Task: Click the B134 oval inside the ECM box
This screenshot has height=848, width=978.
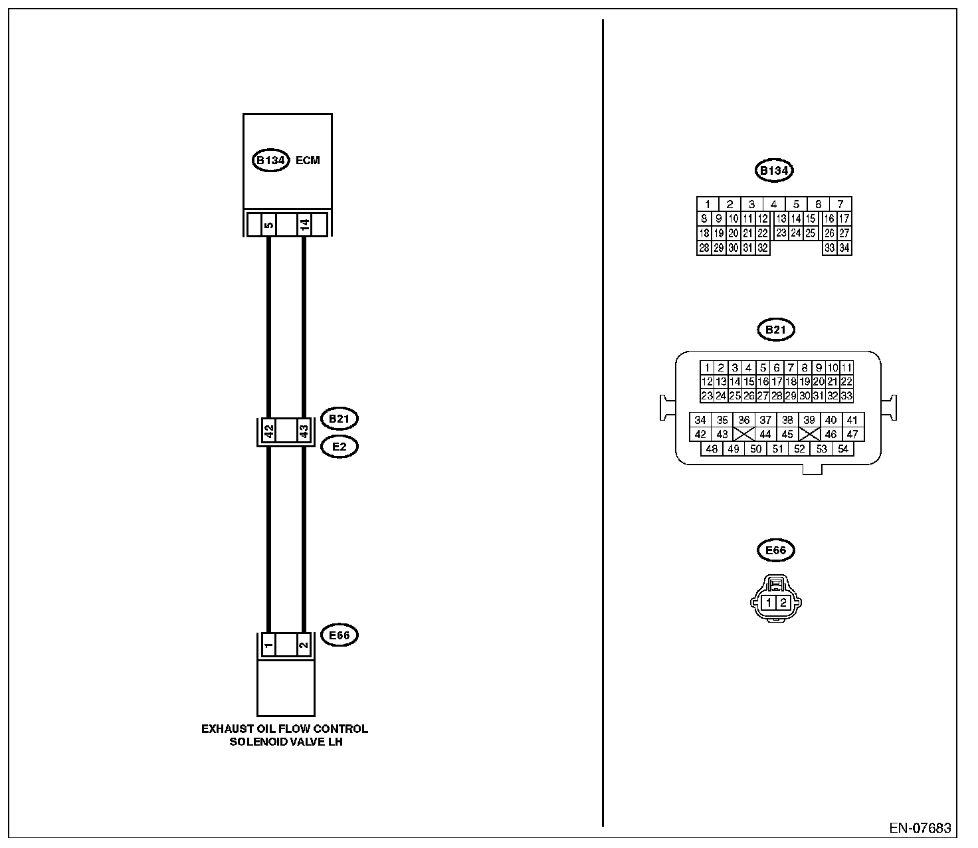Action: [271, 161]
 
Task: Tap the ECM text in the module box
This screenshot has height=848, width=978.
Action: [308, 161]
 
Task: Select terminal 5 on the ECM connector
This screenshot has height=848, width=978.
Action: [268, 225]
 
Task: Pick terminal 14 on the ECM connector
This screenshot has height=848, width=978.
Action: [304, 225]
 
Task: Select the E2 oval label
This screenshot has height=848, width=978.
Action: [339, 447]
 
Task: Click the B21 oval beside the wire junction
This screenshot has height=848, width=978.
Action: [339, 419]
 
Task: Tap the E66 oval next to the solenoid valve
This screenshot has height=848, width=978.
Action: [339, 635]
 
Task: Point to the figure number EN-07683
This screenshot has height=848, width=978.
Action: [920, 829]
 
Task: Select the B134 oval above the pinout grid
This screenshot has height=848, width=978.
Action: [774, 171]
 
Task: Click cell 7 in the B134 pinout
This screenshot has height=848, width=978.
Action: [840, 204]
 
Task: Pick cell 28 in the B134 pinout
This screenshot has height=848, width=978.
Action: [704, 249]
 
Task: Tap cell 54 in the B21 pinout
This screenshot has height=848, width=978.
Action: [843, 449]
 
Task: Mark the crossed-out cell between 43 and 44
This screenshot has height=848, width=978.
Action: [743, 435]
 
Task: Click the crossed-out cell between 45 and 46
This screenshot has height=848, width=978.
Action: [809, 435]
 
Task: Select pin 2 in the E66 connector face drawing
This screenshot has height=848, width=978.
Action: [783, 603]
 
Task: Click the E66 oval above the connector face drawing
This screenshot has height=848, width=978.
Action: [775, 550]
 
